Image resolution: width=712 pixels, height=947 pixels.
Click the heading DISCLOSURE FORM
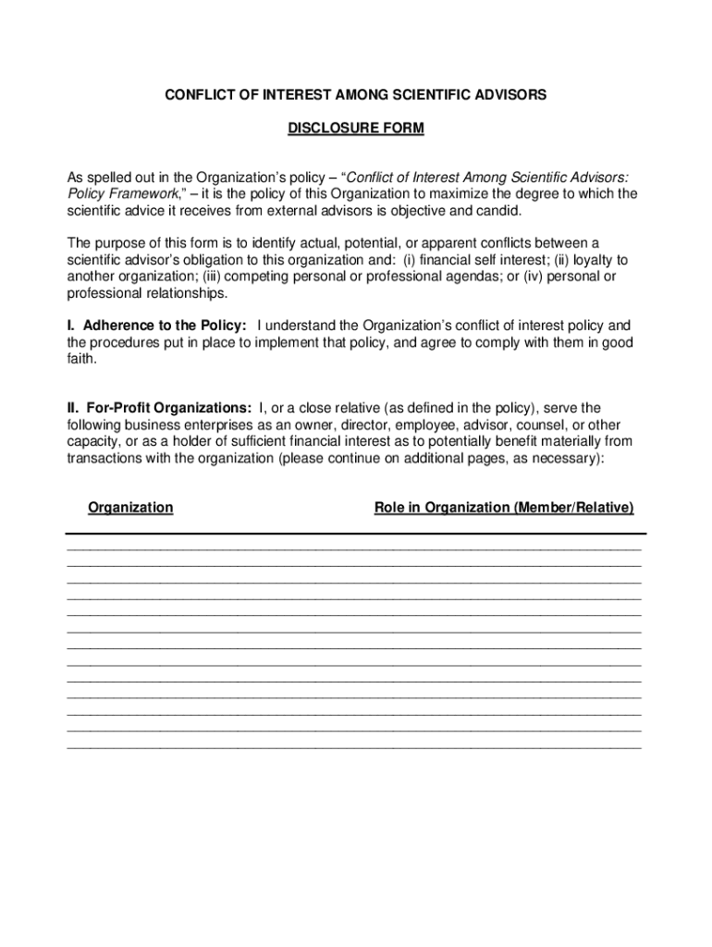356,129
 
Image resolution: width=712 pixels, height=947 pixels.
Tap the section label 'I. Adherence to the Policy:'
157,326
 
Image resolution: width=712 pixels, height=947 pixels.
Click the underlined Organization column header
130,508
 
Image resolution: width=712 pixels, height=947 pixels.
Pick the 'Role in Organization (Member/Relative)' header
504,508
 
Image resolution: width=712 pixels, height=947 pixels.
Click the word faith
81,359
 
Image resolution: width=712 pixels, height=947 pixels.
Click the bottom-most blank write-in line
354,745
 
